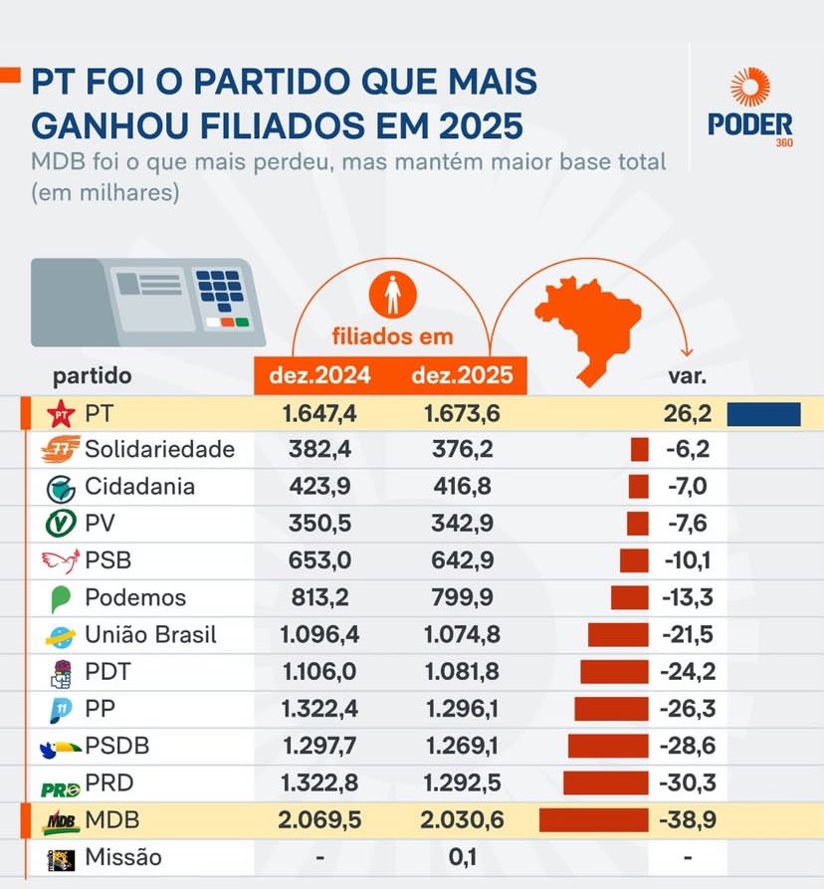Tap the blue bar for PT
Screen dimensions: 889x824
(763, 413)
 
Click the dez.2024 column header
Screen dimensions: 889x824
(320, 376)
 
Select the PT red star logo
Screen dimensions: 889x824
(63, 413)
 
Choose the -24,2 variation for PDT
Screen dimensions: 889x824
(687, 672)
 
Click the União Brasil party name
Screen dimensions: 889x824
(150, 635)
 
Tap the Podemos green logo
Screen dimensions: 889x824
(60, 599)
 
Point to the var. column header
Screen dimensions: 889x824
(687, 377)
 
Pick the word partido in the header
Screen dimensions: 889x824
(92, 377)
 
